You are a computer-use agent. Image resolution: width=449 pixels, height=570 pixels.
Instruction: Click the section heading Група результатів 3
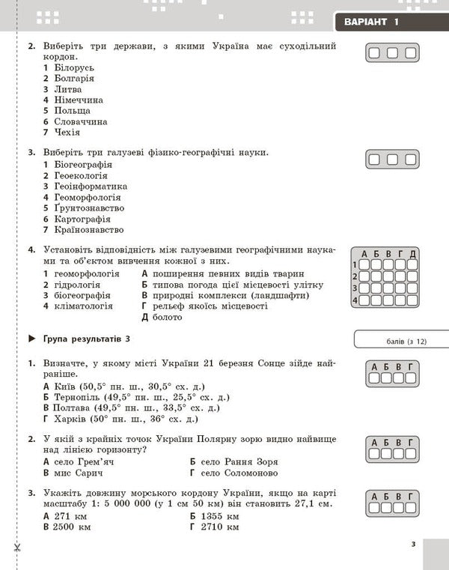click(87, 339)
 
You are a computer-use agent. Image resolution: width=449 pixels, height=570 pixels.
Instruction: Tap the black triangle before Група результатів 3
click(31, 339)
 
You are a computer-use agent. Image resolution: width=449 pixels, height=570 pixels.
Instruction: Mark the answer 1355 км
click(220, 516)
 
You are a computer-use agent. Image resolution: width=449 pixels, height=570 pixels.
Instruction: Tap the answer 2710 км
click(220, 527)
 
